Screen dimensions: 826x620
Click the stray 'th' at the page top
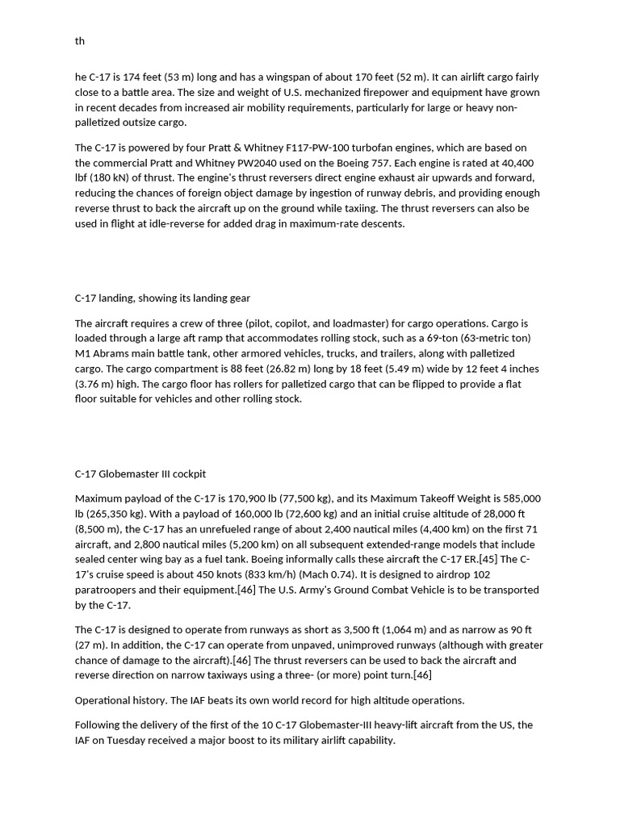80,41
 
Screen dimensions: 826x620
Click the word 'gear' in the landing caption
241,298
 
